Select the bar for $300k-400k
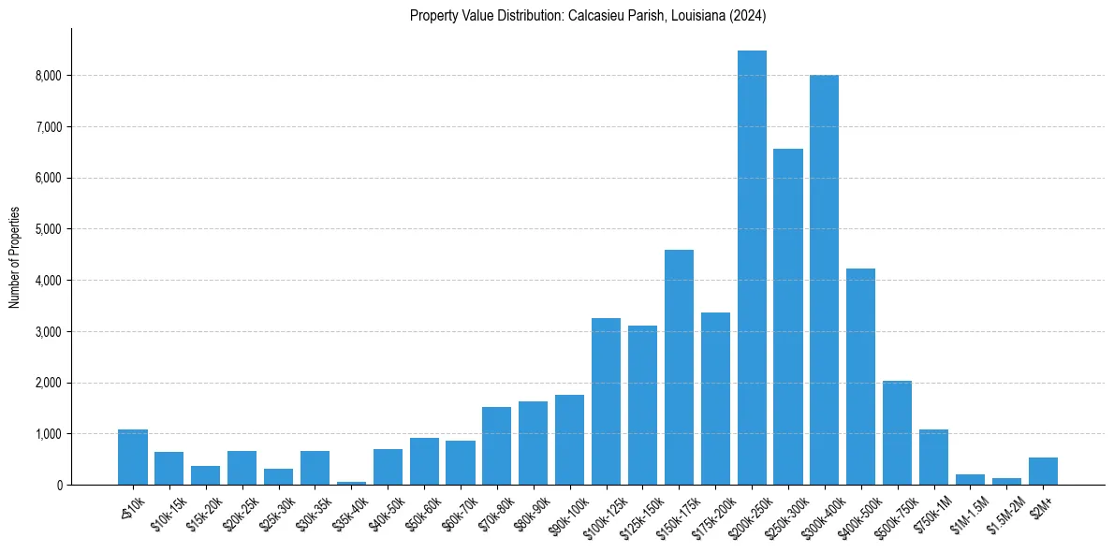tap(824, 280)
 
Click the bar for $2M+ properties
tap(1043, 472)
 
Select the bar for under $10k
tap(133, 458)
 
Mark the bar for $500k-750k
tap(897, 432)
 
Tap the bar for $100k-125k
tap(606, 401)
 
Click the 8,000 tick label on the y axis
tap(48, 75)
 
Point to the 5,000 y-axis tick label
tap(48, 229)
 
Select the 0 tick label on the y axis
tap(59, 486)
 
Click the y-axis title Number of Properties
tap(14, 256)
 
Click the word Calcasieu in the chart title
tap(597, 16)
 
